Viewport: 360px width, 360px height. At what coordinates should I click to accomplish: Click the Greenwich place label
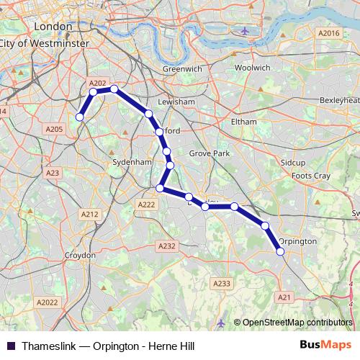pyautogui.click(x=182, y=69)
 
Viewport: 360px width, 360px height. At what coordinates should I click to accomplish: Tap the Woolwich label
pyautogui.click(x=252, y=68)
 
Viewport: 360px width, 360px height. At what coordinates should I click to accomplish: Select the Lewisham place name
pyautogui.click(x=176, y=102)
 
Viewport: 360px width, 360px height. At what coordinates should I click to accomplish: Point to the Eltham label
pyautogui.click(x=243, y=122)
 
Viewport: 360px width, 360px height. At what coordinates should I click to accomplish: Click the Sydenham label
pyautogui.click(x=131, y=163)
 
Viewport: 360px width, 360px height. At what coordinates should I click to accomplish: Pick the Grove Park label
pyautogui.click(x=209, y=154)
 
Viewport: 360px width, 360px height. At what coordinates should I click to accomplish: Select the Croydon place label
pyautogui.click(x=80, y=256)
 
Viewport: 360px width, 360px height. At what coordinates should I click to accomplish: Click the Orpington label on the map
pyautogui.click(x=297, y=241)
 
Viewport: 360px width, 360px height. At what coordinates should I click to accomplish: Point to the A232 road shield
pyautogui.click(x=166, y=246)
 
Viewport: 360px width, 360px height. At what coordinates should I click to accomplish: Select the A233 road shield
pyautogui.click(x=222, y=284)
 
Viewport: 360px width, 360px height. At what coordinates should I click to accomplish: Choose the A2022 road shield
pyautogui.click(x=48, y=302)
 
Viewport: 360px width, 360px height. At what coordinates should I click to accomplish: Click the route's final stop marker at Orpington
pyautogui.click(x=280, y=251)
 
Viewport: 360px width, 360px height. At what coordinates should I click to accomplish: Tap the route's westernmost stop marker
pyautogui.click(x=80, y=117)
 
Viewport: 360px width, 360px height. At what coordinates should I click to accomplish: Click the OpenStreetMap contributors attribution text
pyautogui.click(x=297, y=323)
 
